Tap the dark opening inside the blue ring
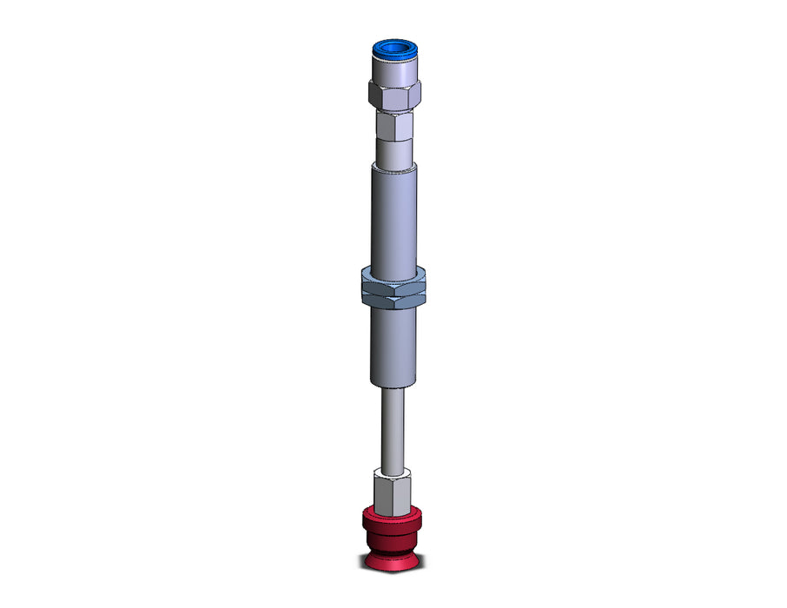(394, 47)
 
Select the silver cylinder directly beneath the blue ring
(394, 71)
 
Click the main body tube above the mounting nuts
(394, 217)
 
